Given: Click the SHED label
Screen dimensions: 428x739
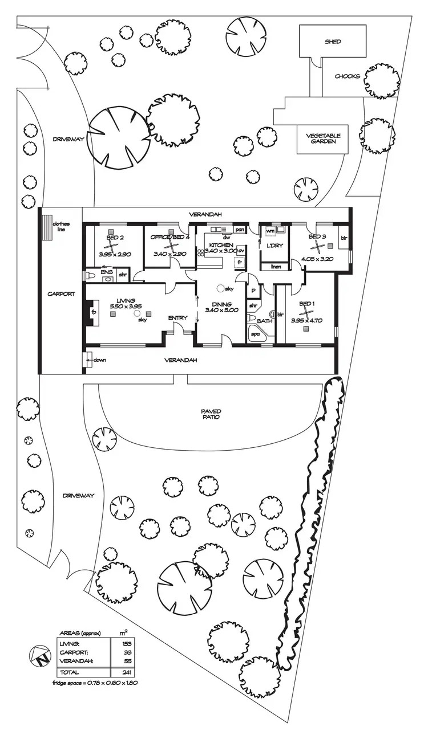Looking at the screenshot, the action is pos(333,42).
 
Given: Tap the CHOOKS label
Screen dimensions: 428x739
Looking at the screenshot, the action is pos(347,76).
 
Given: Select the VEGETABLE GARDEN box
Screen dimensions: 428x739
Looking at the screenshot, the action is pos(323,139).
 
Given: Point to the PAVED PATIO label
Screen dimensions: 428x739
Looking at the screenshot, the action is pos(211,414).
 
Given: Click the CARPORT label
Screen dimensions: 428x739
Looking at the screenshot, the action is pos(61,294).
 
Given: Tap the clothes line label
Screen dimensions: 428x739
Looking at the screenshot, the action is pos(61,226).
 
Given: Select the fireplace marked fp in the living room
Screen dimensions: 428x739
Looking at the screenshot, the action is pos(91,312).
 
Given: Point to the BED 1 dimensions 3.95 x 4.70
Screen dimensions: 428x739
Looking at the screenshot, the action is pos(306,320).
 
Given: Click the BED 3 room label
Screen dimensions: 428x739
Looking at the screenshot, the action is pos(317,236).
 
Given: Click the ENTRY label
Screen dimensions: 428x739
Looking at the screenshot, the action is pos(177,318).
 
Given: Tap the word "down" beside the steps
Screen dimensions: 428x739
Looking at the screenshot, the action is pos(100,360).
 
